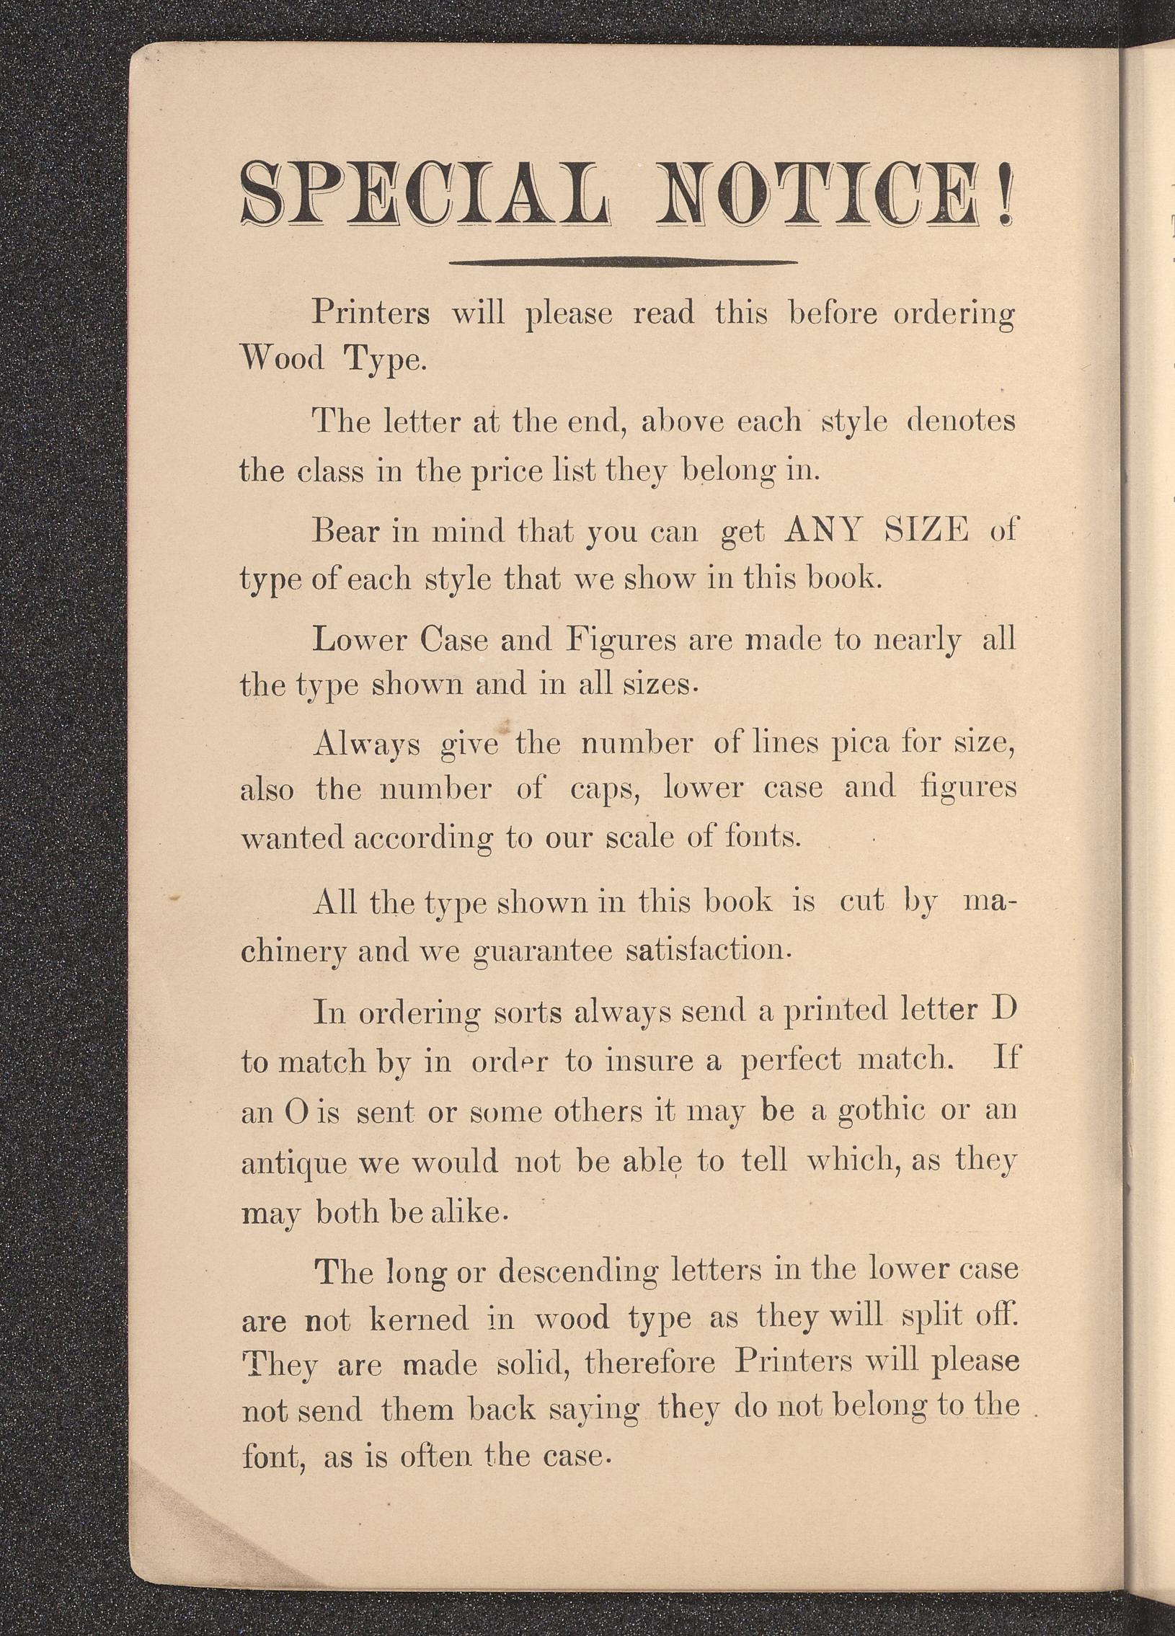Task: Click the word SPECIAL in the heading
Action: coord(425,194)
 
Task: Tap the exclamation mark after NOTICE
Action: coord(1005,194)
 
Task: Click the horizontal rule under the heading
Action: coord(623,262)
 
